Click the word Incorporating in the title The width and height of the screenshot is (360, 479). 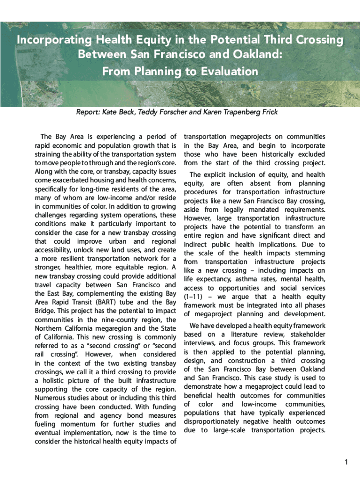pyautogui.click(x=50, y=40)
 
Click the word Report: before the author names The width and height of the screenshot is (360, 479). pyautogui.click(x=89, y=112)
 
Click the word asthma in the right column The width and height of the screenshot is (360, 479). pyautogui.click(x=237, y=279)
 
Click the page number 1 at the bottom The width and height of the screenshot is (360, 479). pyautogui.click(x=346, y=463)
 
